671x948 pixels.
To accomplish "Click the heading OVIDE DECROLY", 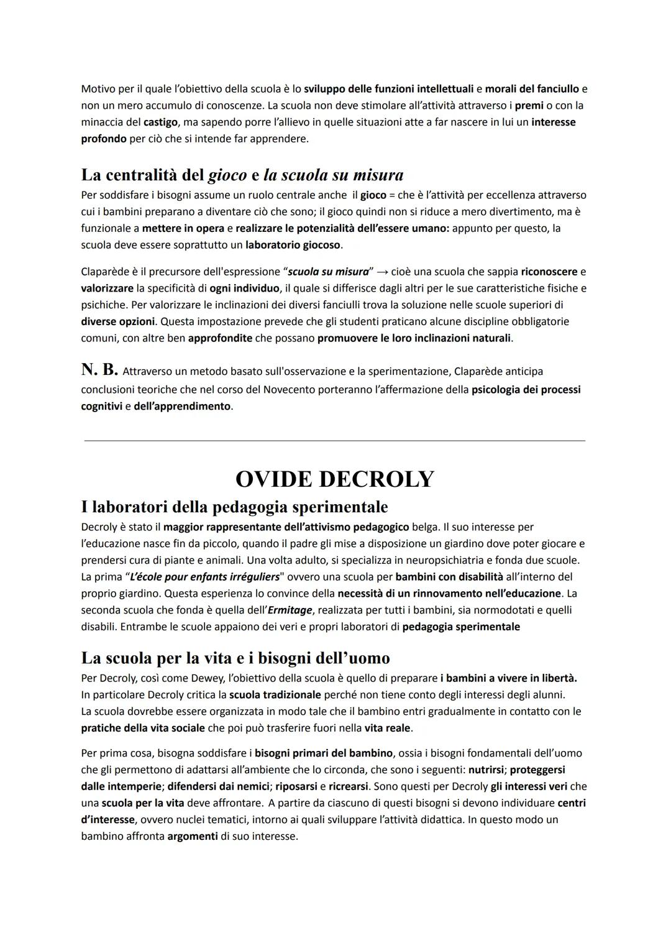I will pos(335,479).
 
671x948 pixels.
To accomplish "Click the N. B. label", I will pos(99,370).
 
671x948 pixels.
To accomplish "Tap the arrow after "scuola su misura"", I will pos(382,272).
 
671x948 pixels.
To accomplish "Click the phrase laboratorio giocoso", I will pos(293,245).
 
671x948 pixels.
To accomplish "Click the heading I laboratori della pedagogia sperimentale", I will pos(234,507).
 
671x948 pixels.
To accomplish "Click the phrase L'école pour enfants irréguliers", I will pos(204,577).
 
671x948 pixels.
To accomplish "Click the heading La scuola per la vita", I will pos(235,658).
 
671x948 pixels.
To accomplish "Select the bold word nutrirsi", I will pos(486,770).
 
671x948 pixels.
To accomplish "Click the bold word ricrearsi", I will pos(348,786).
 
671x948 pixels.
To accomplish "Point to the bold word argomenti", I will pos(193,837).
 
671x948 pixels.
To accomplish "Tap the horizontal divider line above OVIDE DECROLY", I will pos(335,441).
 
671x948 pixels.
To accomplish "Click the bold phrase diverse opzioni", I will pos(117,322).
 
